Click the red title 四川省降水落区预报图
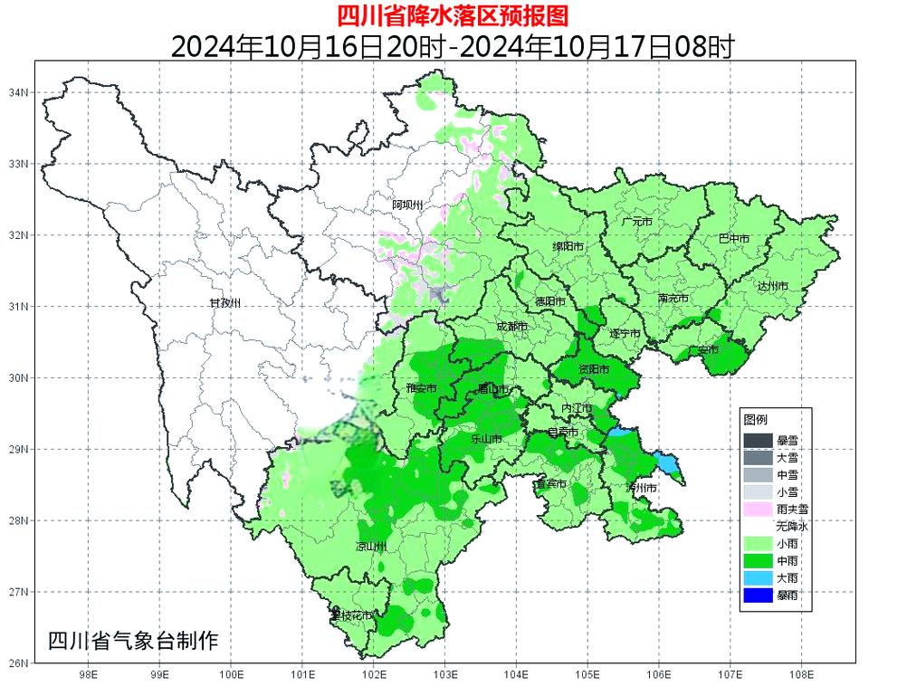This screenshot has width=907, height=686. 453,14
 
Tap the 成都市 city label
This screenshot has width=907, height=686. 513,327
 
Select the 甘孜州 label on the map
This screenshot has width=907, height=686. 224,302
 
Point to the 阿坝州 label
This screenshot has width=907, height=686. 407,205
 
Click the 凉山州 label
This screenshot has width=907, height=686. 371,548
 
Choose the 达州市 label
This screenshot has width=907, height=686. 772,286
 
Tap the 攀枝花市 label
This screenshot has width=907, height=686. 351,616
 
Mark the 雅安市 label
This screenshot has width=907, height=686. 422,388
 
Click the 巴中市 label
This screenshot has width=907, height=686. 733,239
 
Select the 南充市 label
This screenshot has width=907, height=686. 673,299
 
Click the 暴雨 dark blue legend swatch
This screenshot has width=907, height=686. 758,595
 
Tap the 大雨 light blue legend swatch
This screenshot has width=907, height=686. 758,577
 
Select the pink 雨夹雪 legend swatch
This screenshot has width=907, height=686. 758,510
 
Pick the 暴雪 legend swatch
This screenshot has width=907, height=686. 758,441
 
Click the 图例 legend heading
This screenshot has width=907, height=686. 755,421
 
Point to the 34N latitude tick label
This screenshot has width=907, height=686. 19,92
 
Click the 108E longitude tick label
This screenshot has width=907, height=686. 802,674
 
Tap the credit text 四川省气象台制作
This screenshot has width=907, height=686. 133,642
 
